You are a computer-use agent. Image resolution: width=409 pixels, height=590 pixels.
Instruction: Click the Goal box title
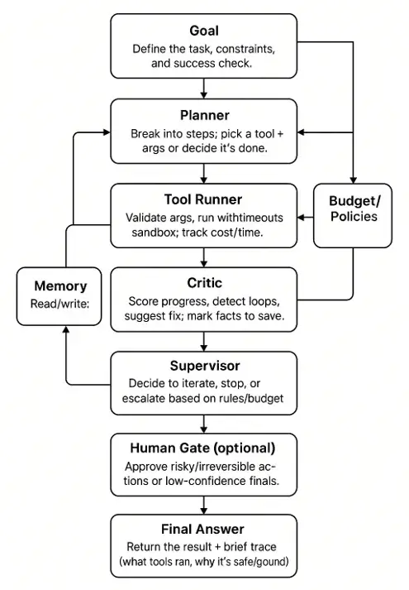[204, 31]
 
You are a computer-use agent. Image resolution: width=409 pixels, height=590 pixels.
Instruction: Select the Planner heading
[205, 115]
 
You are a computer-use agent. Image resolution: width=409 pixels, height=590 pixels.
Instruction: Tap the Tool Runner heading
[203, 199]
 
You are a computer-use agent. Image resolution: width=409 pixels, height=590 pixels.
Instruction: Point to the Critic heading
[205, 283]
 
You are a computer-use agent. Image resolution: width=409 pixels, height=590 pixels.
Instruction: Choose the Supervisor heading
[205, 366]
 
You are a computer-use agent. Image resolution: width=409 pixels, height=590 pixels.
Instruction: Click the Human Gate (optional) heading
[202, 448]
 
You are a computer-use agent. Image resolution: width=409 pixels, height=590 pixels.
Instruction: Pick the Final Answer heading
[202, 529]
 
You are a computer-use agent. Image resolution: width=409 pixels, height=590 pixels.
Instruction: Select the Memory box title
[60, 286]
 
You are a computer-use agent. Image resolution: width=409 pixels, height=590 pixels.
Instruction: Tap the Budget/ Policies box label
[354, 209]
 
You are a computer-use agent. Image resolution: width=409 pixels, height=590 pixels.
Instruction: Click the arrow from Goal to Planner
[203, 89]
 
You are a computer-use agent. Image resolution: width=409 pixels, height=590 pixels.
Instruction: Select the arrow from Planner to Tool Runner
[203, 174]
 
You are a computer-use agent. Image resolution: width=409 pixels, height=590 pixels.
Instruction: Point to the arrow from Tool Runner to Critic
[203, 257]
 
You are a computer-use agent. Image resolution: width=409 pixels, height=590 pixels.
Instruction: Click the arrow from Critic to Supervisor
[203, 342]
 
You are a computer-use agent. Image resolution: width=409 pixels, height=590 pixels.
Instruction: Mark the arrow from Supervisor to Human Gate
[203, 424]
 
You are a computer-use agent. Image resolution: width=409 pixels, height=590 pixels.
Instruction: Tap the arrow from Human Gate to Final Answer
[203, 506]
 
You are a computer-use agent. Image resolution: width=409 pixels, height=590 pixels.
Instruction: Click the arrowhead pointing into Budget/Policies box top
[353, 180]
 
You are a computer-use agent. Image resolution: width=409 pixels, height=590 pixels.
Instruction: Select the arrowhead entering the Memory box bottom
[66, 329]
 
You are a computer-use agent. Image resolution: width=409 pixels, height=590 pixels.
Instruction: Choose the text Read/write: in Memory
[60, 304]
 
